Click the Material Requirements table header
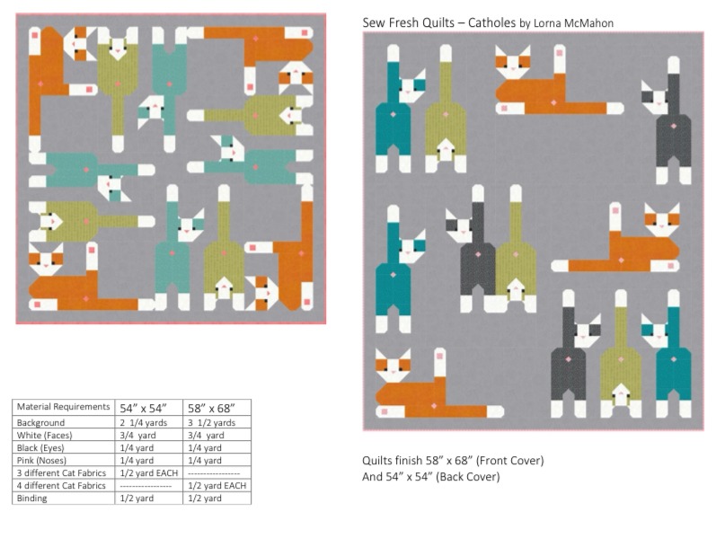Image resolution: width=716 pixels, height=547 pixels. coord(63,406)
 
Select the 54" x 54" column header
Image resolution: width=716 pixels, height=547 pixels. coord(144,408)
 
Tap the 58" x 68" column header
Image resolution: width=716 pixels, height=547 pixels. coord(211,408)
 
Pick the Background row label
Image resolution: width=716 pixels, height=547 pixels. coord(40,422)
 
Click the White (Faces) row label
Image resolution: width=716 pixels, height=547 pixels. coord(44,435)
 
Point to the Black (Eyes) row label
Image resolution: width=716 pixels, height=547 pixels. coord(40,448)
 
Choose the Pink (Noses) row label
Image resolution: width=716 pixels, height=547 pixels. coord(41,460)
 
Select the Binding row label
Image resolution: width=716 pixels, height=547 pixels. coord(31,498)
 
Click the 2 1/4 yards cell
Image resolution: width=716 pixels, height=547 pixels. coord(144,423)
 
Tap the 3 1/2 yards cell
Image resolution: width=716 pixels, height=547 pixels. coord(211,423)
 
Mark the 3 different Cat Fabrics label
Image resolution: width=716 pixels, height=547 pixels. coord(61,473)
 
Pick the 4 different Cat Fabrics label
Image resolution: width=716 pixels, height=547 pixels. coord(61,485)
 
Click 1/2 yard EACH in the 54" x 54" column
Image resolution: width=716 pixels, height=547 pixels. coord(149,473)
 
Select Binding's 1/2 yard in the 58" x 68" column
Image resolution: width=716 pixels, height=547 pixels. coord(205,498)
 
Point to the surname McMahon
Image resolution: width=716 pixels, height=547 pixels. coord(591,23)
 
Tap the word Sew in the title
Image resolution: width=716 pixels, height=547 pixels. coord(373,22)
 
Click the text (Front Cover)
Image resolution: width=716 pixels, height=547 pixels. coord(509,461)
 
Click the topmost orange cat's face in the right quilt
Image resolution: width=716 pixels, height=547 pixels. coord(513,62)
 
